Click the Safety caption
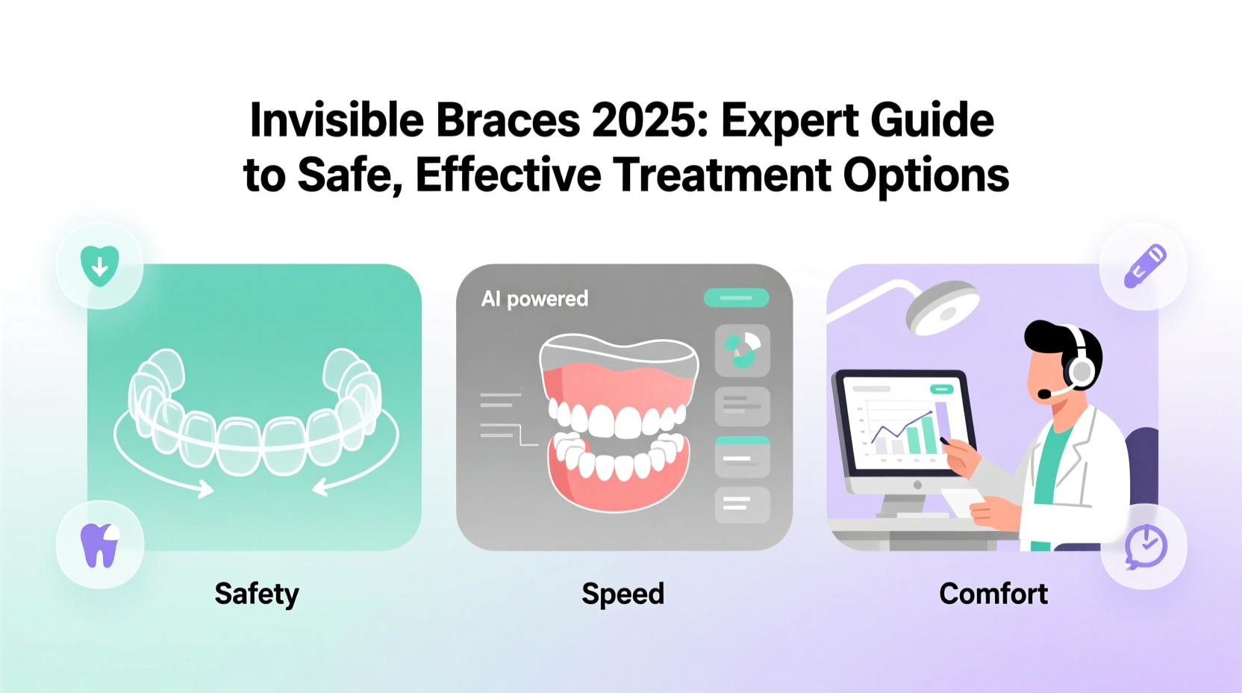coord(256,594)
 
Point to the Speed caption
coord(622,594)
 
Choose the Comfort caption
coord(993,594)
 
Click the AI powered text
coord(534,299)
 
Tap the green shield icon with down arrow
coord(99,266)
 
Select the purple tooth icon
coord(99,545)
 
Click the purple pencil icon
coord(1144,266)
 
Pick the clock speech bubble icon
coord(1145,547)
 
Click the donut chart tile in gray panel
coord(742,349)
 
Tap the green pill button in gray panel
coord(736,298)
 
